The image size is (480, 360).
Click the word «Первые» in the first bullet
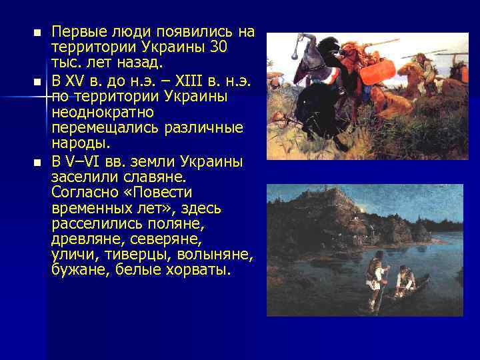coord(75,32)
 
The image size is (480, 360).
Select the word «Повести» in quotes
coord(162,192)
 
